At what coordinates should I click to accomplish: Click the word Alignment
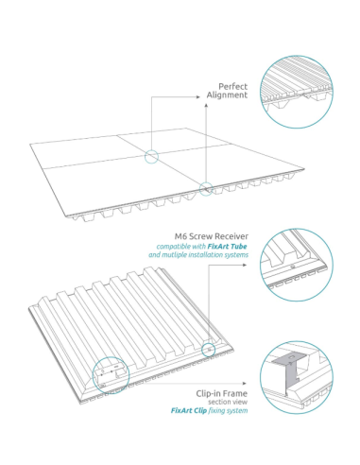tap(227, 95)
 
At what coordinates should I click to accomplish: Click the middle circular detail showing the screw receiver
tap(297, 264)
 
